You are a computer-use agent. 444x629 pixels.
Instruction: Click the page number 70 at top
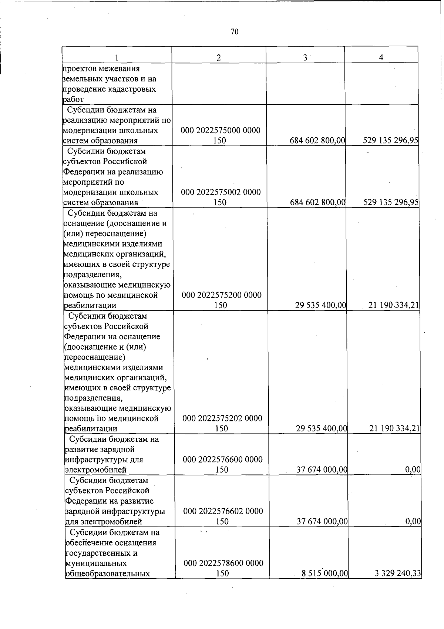coord(234,32)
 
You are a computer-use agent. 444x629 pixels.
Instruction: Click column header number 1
coord(117,58)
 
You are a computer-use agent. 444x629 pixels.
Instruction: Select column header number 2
coord(219,58)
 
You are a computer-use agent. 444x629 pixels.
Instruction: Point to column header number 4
coord(381,57)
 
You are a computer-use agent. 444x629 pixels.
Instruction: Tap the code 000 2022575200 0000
coord(221,295)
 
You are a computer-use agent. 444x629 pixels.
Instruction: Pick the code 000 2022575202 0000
coord(222,418)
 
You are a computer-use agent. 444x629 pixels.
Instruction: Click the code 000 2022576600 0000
coord(223,460)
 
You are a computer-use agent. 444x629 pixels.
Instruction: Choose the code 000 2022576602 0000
coord(223,511)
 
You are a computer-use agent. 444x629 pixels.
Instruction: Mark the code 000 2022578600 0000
coord(223,564)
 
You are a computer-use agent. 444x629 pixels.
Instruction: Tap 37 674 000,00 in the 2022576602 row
coord(322,522)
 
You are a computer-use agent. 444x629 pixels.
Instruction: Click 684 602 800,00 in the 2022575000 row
coord(317,141)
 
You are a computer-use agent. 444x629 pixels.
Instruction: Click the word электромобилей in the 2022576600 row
coord(96,470)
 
